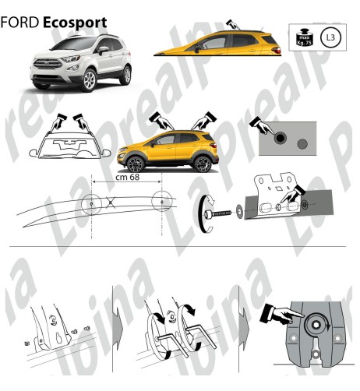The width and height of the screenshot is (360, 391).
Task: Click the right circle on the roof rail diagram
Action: (163, 203)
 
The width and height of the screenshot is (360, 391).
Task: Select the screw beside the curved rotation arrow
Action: (221, 210)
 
